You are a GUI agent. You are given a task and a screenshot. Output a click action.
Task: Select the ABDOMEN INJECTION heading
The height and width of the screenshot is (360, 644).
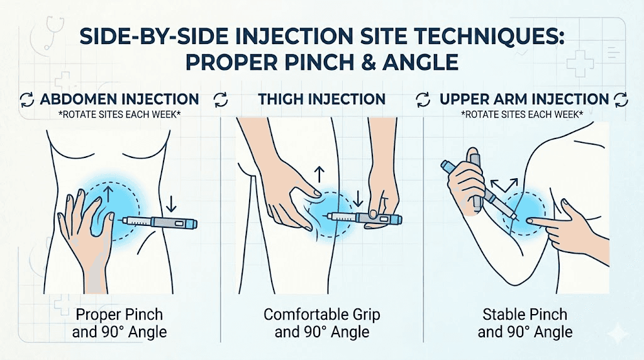(x=119, y=99)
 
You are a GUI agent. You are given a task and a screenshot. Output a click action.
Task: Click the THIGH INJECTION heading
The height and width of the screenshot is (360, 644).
(x=321, y=99)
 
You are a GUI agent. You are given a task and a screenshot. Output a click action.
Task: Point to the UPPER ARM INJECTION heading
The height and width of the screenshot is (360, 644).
(x=524, y=99)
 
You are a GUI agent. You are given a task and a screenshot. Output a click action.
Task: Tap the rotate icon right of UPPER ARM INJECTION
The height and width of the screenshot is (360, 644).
(x=621, y=99)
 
